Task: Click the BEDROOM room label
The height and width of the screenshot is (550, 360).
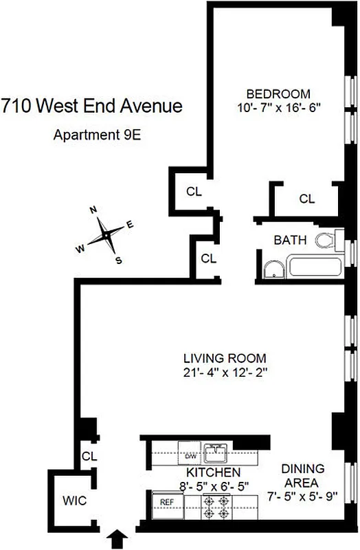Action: (x=279, y=93)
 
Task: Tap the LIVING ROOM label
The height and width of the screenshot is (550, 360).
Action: (x=225, y=358)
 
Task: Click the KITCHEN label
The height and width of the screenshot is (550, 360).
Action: (x=214, y=472)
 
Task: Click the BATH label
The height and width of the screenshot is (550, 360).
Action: (x=291, y=240)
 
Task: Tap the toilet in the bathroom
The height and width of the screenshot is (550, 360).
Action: (x=327, y=241)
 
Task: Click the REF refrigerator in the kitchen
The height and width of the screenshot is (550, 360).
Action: (x=166, y=503)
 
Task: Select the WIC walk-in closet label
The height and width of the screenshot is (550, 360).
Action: (x=74, y=500)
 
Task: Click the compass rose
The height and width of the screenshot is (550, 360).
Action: (x=106, y=234)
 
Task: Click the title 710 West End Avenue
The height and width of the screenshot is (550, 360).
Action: (x=91, y=106)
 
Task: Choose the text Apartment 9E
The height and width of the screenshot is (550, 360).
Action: (x=97, y=134)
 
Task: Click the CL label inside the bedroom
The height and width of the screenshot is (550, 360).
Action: (x=306, y=199)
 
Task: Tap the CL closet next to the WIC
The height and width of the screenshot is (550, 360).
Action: (x=89, y=456)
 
